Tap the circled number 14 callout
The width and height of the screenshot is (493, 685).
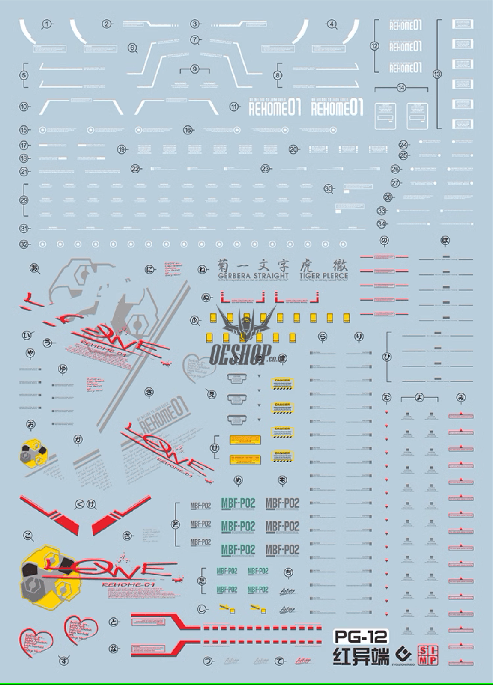click(x=401, y=88)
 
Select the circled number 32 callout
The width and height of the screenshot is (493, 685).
click(x=24, y=244)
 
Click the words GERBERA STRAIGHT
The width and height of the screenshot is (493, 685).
click(x=253, y=276)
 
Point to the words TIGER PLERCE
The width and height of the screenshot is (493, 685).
click(x=327, y=276)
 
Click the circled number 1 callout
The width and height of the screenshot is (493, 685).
click(x=46, y=24)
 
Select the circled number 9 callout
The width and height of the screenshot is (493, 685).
click(x=195, y=69)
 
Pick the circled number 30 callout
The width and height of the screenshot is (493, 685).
click(x=329, y=189)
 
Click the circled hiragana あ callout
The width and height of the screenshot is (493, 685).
click(x=34, y=268)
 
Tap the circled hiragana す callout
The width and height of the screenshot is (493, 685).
click(x=64, y=660)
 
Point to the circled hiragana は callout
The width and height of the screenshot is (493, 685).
click(x=445, y=241)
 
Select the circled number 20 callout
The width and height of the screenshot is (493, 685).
click(x=293, y=149)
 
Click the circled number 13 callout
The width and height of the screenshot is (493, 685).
click(x=437, y=74)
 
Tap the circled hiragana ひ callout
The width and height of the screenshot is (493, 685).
click(x=387, y=357)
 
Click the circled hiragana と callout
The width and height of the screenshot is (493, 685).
click(x=113, y=622)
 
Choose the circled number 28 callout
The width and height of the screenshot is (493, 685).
click(x=388, y=197)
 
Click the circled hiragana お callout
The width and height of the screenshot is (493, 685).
click(x=31, y=424)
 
